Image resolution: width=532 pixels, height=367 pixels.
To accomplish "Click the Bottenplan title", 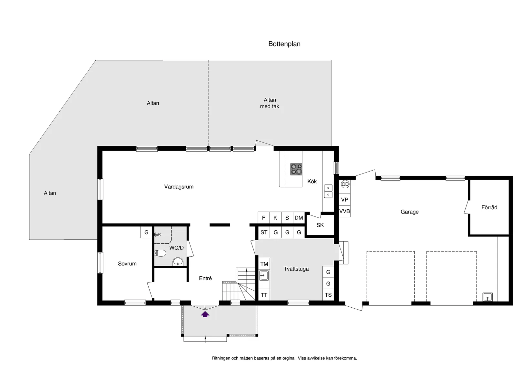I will [284, 44].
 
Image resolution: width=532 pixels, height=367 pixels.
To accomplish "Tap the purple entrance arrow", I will [205, 314].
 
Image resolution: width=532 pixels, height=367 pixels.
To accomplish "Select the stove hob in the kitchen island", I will [296, 169].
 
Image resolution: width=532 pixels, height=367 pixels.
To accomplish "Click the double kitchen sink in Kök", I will [328, 191].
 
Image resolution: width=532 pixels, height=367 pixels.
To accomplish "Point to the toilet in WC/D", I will [160, 253].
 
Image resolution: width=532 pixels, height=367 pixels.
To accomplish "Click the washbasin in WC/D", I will [178, 261].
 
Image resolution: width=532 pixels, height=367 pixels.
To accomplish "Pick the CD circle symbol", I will [345, 184].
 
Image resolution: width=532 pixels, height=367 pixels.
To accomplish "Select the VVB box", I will [344, 211].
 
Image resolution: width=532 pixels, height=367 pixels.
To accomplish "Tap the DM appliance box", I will [299, 218].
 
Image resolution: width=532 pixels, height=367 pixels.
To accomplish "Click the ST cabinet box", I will [264, 232].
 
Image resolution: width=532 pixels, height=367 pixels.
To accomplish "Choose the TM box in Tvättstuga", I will [264, 264].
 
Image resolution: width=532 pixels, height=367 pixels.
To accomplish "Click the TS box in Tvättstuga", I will [328, 295].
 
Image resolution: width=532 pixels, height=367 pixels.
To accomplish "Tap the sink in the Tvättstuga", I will [264, 275].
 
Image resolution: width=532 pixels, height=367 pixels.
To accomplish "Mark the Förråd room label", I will [489, 207].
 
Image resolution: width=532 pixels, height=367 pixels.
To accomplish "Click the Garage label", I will [409, 212].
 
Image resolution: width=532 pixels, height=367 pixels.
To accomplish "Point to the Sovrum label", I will [127, 263].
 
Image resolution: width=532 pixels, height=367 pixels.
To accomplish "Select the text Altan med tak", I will [270, 103].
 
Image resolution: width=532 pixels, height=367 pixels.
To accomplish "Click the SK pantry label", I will [320, 225].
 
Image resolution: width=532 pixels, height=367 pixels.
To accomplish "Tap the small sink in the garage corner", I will [487, 297].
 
